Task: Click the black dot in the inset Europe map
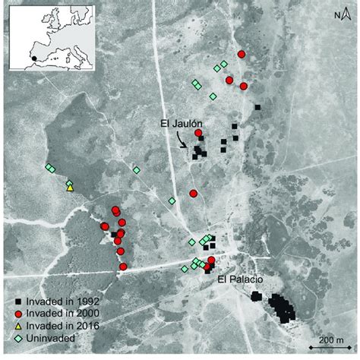coord(33,56)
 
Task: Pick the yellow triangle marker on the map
coord(70,187)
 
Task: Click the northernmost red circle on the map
coord(242,54)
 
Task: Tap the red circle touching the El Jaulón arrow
coord(199,134)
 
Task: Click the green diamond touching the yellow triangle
coord(68,182)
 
